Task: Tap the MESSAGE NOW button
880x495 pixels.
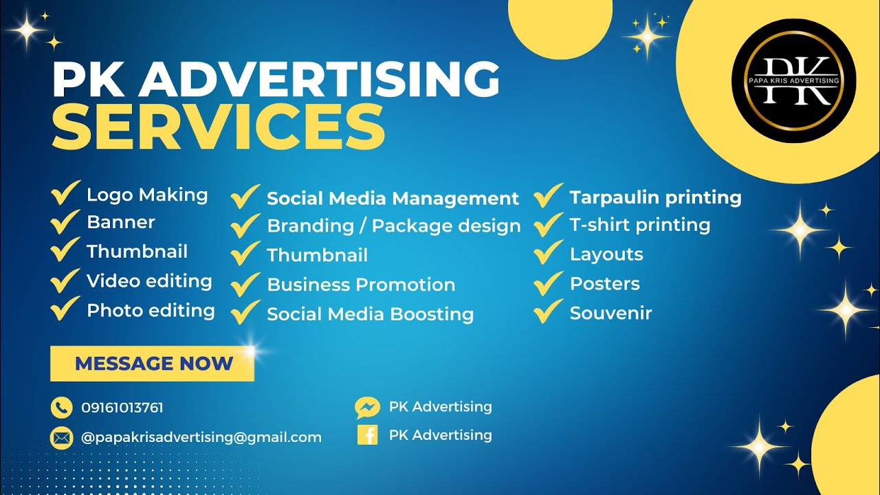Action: (x=153, y=364)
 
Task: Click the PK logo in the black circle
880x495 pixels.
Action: (x=793, y=80)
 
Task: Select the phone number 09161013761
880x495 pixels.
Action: (x=122, y=408)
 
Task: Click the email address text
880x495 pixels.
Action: (x=201, y=437)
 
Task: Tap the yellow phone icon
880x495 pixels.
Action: (x=61, y=408)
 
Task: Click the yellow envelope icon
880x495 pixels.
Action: (x=61, y=437)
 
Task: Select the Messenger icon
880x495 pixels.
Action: (x=367, y=408)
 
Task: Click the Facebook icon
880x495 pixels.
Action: (x=367, y=435)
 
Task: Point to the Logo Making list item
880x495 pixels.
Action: (x=147, y=195)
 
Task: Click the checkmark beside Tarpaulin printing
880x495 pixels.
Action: (x=548, y=196)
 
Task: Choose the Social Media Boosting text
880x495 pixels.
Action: (x=370, y=314)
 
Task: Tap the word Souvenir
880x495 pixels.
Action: (x=610, y=313)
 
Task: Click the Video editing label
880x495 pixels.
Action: (x=149, y=281)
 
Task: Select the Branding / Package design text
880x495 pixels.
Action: (x=393, y=226)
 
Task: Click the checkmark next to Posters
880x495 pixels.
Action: (x=548, y=283)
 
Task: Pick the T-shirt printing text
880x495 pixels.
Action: (x=639, y=225)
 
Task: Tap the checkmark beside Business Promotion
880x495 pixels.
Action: (x=245, y=283)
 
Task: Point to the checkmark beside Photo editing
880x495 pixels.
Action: (x=65, y=309)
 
